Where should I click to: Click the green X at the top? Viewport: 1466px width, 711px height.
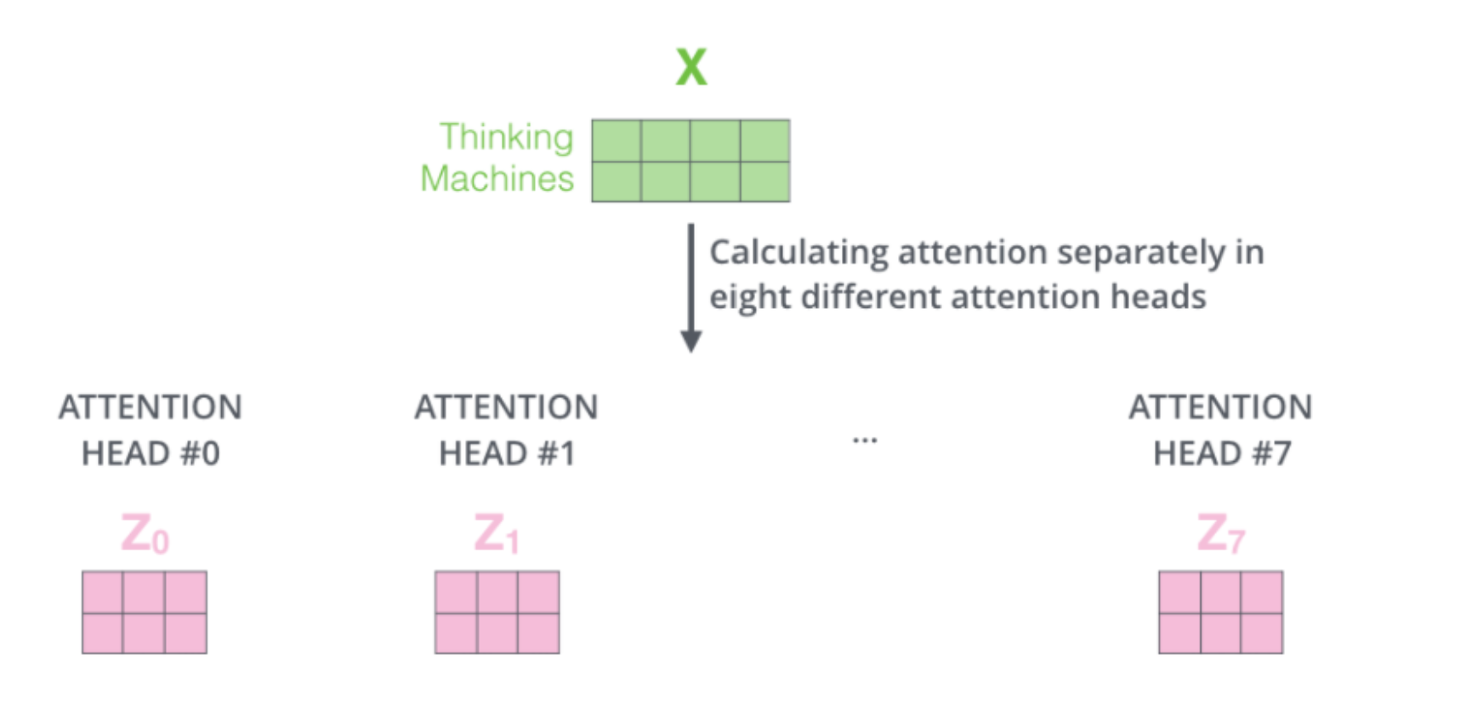690,66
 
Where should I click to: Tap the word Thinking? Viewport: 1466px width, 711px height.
506,137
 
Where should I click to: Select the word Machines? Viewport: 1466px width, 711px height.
497,179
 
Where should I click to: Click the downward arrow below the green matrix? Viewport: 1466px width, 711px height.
690,289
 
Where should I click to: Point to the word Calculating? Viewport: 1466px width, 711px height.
799,253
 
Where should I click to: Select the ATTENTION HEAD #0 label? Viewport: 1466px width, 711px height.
151,430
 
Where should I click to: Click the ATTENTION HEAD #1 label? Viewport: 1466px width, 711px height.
507,430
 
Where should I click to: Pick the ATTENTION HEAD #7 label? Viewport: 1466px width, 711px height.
1221,430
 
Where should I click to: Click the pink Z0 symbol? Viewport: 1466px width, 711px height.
145,534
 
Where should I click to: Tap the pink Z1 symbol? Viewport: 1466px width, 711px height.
497,534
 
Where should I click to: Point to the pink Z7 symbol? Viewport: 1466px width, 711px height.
1220,534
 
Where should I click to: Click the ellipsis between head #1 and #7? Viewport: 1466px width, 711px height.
865,440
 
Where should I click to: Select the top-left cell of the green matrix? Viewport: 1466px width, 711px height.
617,140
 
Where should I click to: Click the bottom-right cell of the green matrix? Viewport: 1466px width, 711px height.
764,181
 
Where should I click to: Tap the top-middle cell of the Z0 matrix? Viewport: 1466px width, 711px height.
144,592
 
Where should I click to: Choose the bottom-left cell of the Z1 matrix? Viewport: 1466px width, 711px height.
456,633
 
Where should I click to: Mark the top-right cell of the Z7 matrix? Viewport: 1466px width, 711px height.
1262,592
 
